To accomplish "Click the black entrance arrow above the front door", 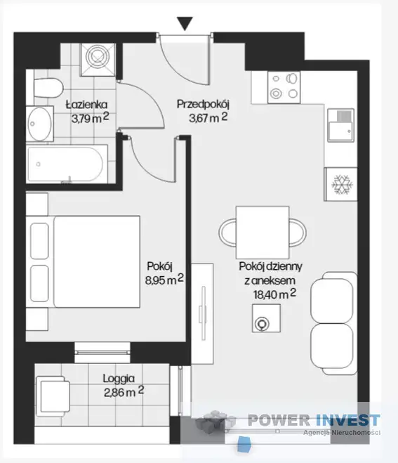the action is (185, 23).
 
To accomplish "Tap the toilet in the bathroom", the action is (48, 88).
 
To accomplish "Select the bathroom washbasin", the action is (40, 124).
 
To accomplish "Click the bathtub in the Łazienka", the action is (67, 164).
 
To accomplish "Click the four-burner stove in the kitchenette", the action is (284, 87).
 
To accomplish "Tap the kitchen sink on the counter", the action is (340, 125).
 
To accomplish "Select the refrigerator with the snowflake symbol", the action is (340, 185).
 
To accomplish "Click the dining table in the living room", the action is (263, 233).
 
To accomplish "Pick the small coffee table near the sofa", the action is (266, 318).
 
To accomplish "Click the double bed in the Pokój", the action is (83, 261).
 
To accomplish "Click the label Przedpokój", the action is (203, 105).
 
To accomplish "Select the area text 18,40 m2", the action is (274, 294).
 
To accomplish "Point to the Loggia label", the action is (119, 379).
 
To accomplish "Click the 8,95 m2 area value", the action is (164, 280).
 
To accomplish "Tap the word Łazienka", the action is (86, 105).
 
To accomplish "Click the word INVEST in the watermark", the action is (347, 420).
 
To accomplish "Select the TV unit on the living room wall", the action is (202, 313).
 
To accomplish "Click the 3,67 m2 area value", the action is (208, 118).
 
